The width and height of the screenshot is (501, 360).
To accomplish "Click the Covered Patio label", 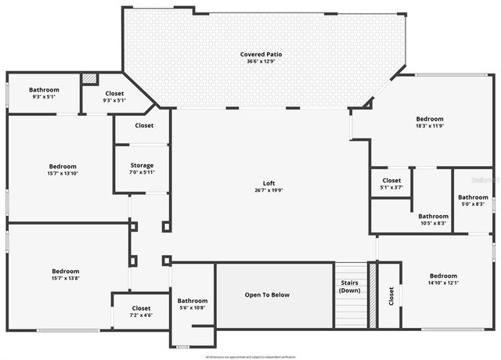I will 261,54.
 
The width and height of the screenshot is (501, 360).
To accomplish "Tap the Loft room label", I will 269,183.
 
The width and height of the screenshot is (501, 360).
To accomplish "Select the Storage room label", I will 142,165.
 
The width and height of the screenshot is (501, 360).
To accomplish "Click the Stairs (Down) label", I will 348,286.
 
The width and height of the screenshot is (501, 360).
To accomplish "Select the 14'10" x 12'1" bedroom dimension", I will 443,283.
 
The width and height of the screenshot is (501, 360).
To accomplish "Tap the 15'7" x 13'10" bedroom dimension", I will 63,174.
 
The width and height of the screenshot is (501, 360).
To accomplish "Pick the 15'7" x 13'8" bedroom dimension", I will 66,279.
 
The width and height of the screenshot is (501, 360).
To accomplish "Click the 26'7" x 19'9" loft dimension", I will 269,190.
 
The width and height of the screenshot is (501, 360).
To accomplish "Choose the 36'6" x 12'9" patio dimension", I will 261,61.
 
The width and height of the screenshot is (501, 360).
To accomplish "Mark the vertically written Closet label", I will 391,296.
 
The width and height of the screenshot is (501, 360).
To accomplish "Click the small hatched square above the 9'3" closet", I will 91,79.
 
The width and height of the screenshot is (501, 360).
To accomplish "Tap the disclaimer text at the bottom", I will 250,356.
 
